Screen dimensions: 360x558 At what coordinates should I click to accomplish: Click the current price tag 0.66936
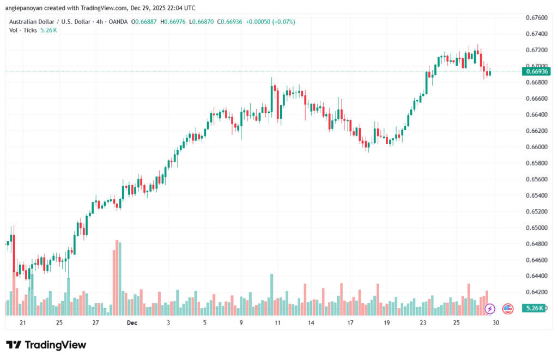(536, 71)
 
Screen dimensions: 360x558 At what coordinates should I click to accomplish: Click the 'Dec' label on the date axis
(132, 322)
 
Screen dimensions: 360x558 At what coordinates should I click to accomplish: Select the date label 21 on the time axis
(22, 322)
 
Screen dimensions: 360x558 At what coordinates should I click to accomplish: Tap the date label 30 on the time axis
(495, 322)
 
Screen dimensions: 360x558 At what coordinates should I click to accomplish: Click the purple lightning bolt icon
(489, 309)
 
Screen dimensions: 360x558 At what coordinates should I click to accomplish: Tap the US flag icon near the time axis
(507, 309)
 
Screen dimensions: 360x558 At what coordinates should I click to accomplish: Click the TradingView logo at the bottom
(46, 345)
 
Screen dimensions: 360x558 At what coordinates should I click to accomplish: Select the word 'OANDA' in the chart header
(117, 21)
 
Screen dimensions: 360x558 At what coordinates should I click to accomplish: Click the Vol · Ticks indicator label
(23, 30)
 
